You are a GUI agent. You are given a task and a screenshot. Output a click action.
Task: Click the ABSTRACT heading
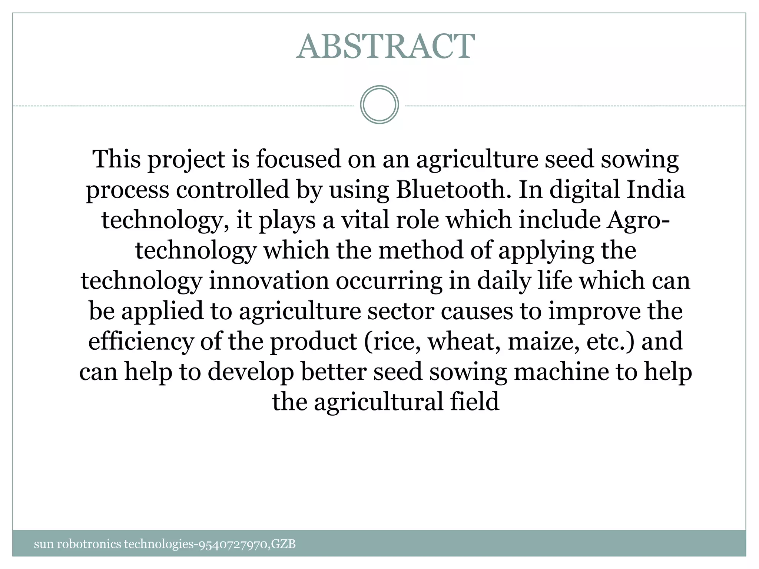coord(385,47)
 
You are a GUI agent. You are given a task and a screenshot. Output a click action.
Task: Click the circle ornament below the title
coord(379,105)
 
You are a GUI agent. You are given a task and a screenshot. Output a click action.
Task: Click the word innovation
coord(269,281)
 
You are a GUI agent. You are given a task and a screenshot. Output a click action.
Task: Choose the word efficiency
coord(141,342)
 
